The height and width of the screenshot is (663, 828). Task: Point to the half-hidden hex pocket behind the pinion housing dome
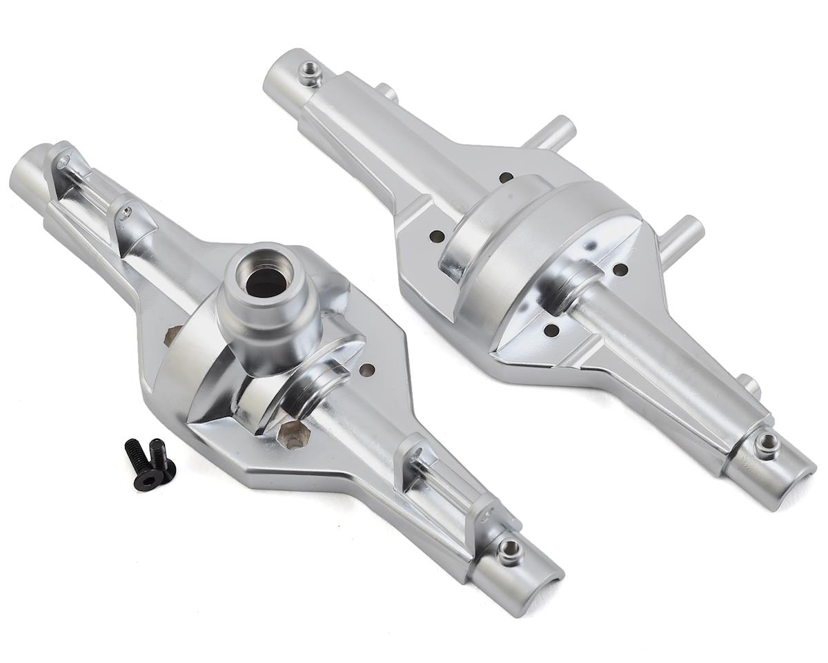173,336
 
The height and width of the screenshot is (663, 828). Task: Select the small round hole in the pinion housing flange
367,370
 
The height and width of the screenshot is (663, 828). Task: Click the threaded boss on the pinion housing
510,550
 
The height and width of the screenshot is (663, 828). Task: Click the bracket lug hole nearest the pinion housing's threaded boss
489,514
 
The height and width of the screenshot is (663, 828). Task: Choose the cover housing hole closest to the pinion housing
435,236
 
